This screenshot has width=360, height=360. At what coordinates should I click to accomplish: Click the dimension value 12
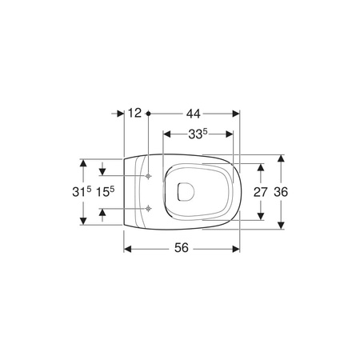[134, 113]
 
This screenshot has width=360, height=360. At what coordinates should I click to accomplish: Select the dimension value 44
[194, 114]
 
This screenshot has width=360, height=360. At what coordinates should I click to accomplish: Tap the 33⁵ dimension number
[198, 134]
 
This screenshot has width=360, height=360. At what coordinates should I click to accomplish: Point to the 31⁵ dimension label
[82, 191]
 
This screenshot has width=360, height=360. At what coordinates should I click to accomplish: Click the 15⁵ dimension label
[105, 191]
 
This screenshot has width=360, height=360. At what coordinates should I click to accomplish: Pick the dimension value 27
[260, 192]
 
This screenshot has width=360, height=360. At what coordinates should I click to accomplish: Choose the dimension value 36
[281, 192]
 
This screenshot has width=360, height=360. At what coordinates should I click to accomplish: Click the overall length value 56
[182, 248]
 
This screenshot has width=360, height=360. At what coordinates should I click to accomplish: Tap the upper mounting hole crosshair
[148, 176]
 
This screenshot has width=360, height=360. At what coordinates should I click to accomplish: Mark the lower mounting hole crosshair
[148, 209]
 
